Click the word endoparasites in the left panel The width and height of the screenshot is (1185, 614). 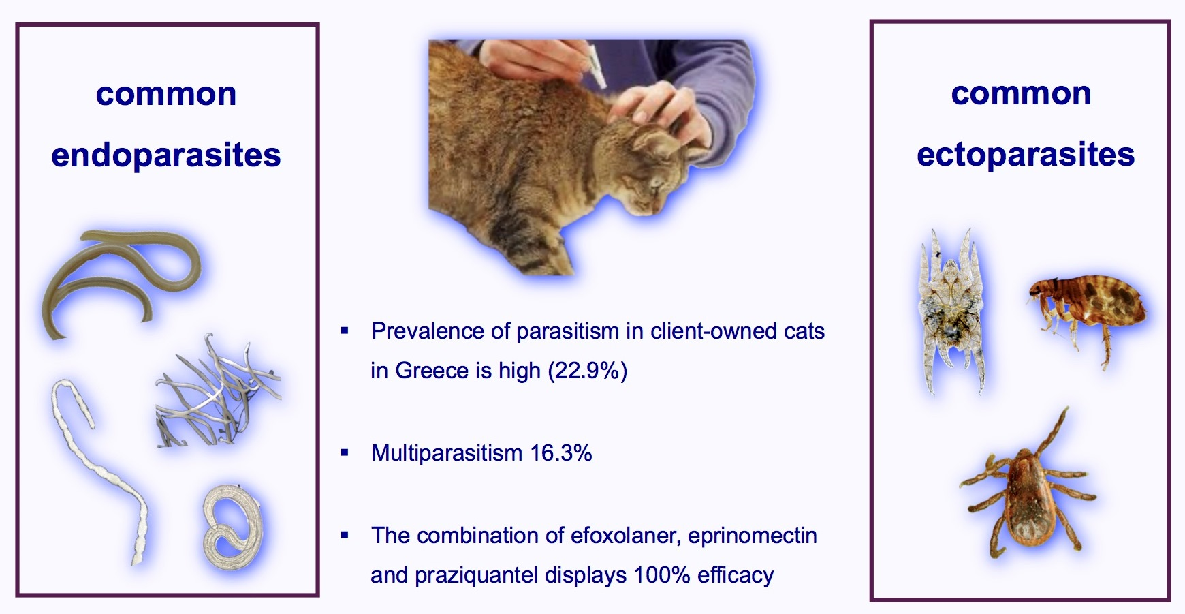tap(166, 155)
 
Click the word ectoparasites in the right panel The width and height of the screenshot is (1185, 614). tap(1026, 155)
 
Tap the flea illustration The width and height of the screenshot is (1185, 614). tap(1087, 313)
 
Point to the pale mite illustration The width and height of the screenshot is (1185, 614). tap(951, 312)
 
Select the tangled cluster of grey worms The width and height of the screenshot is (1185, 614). tap(218, 392)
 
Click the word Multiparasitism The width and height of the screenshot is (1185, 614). tap(447, 453)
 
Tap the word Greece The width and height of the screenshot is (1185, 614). tap(432, 371)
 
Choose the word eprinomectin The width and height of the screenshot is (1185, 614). tap(753, 536)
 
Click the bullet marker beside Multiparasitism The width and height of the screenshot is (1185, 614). tap(345, 452)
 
